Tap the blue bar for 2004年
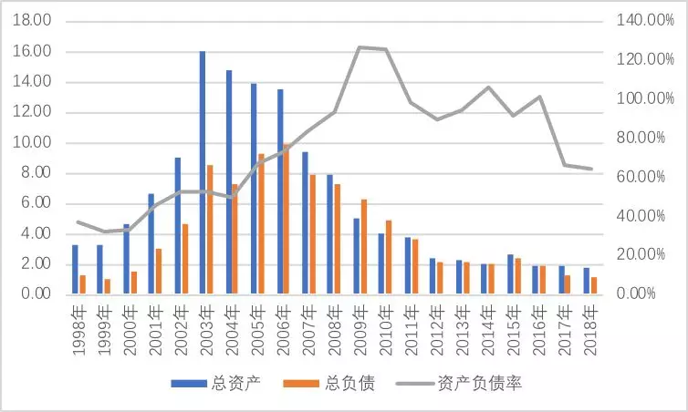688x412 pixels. [x=228, y=182]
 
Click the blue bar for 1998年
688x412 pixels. [x=75, y=269]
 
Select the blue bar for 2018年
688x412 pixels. [x=586, y=281]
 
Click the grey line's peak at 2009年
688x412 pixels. [x=360, y=46]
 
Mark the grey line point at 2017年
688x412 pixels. [x=565, y=165]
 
